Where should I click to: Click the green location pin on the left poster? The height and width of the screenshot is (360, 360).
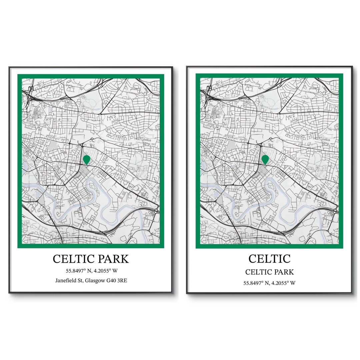87,159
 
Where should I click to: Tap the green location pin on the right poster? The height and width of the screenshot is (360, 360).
265,159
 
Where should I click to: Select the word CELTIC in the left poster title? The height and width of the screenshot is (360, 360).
73,259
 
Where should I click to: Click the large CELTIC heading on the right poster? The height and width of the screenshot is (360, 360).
269,258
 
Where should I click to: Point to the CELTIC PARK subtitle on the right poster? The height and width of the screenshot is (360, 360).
269,272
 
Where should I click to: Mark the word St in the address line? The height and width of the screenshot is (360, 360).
81,281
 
